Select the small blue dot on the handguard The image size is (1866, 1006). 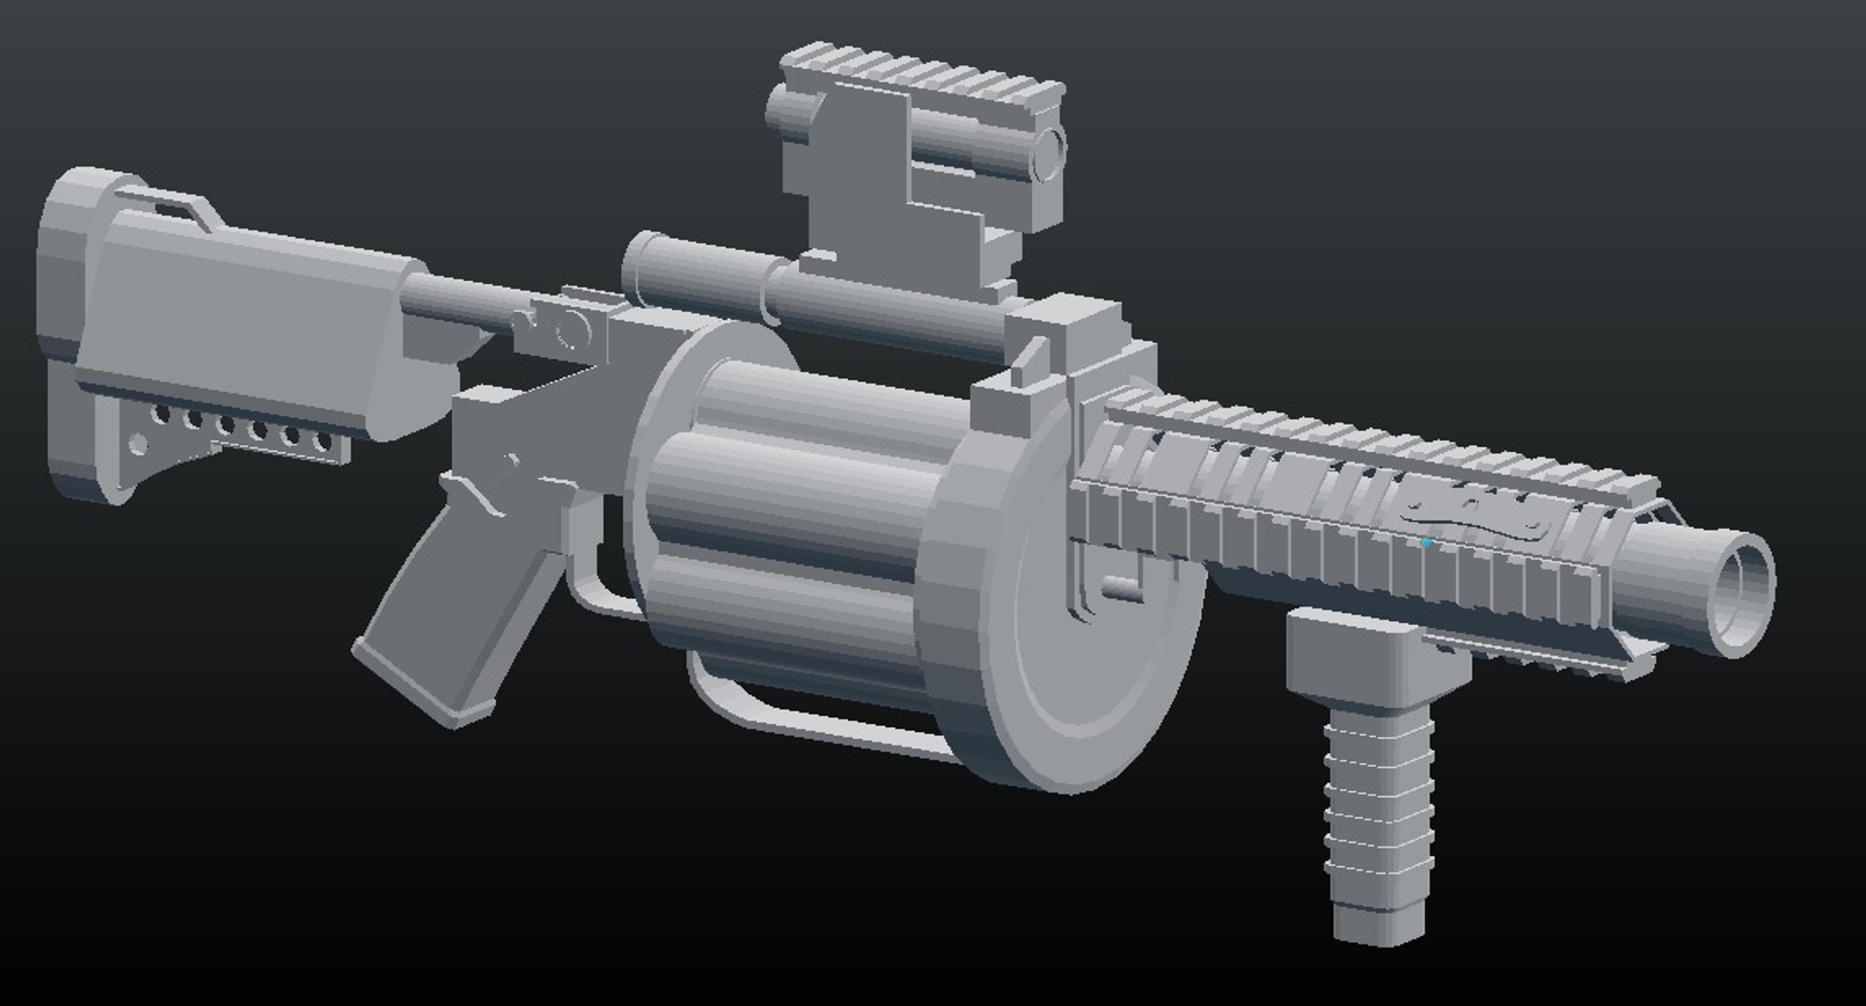[x=1426, y=543]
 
